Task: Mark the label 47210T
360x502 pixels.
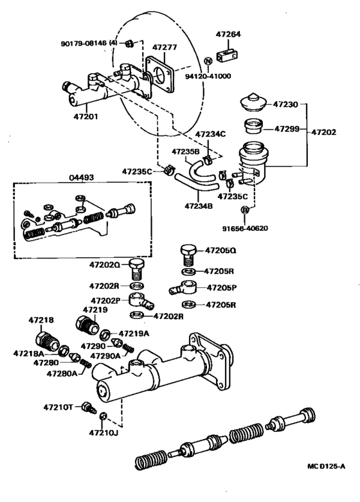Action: tap(59, 407)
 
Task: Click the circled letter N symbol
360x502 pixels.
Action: tap(208, 61)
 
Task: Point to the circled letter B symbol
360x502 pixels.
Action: tap(245, 210)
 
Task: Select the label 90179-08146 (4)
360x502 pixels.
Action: tap(84, 43)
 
